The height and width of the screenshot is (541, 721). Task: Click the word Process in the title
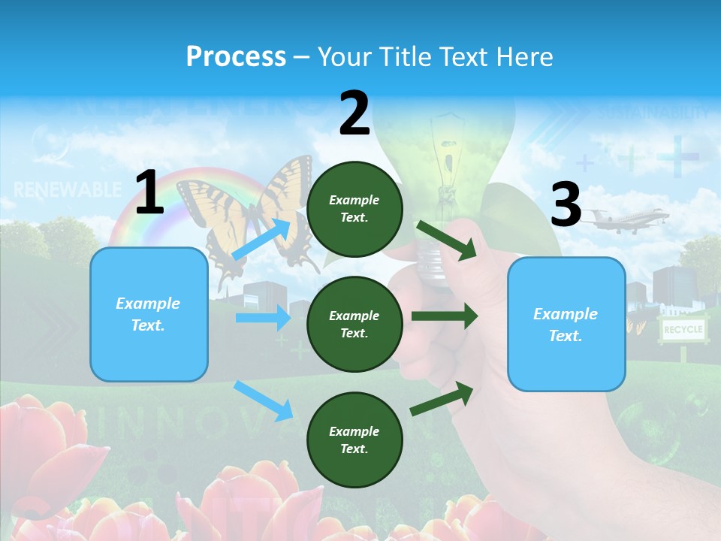tap(236, 56)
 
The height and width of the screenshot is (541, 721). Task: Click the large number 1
tap(149, 193)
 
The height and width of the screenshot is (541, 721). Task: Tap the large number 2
tap(354, 113)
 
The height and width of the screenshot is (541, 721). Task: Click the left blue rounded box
tap(149, 314)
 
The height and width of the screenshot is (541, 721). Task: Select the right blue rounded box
tap(566, 324)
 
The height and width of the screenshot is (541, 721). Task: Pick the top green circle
tap(354, 208)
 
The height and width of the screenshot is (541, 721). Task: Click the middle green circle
tap(354, 324)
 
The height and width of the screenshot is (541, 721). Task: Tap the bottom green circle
tap(354, 440)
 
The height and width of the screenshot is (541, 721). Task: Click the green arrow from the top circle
tap(446, 240)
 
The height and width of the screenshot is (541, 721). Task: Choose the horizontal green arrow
tap(445, 316)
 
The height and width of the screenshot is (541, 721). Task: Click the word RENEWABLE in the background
tap(68, 189)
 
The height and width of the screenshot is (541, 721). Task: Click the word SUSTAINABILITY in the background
tap(652, 113)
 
